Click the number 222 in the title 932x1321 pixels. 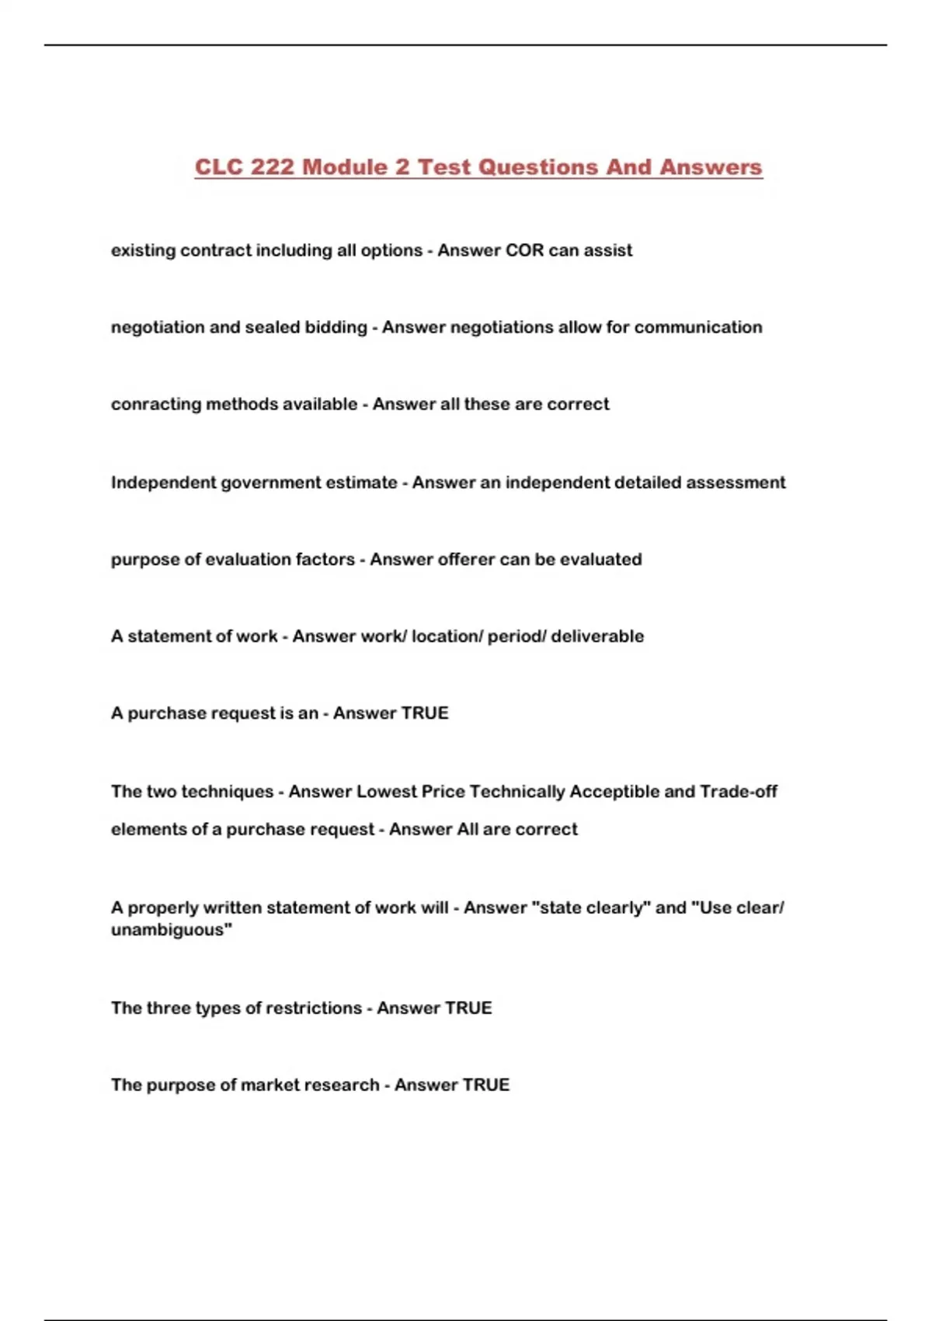click(x=272, y=167)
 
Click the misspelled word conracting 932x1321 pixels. click(x=155, y=404)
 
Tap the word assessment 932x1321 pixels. click(x=736, y=483)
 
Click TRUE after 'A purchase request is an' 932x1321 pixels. click(x=423, y=713)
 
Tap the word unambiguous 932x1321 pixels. click(x=171, y=930)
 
